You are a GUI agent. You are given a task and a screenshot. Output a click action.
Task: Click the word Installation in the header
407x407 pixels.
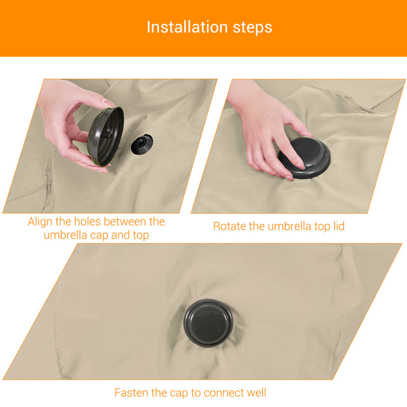(187, 27)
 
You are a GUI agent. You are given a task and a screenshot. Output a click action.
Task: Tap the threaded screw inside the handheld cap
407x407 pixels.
(107, 134)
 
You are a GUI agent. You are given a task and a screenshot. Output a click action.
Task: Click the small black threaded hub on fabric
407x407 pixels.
(141, 144)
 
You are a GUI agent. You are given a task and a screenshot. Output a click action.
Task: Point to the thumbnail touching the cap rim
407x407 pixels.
(108, 104)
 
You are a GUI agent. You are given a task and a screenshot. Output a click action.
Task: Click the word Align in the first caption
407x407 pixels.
(41, 222)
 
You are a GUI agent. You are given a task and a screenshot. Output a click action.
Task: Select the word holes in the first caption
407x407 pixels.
(88, 221)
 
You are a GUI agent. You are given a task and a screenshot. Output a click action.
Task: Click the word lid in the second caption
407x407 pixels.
(339, 226)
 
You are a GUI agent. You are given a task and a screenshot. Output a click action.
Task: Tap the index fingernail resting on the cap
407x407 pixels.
(300, 166)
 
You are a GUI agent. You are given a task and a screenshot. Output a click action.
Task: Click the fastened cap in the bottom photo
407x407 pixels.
(209, 323)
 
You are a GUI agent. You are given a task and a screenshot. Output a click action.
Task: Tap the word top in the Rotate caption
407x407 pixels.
(322, 226)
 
